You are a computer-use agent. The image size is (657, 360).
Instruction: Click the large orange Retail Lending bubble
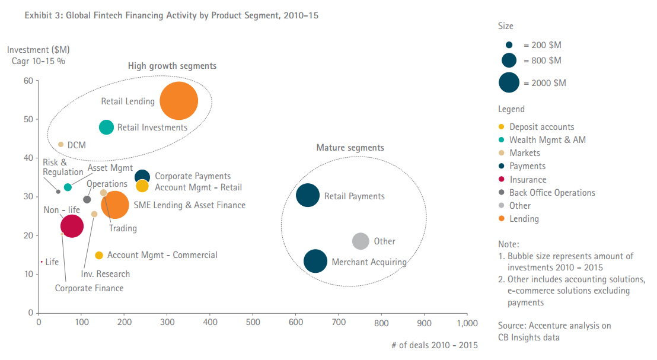178,101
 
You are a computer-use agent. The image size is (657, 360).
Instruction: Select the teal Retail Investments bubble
106,127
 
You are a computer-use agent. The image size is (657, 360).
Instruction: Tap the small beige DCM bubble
60,144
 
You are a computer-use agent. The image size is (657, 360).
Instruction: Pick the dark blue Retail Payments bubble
308,196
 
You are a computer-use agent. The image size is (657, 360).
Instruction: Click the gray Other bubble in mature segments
361,241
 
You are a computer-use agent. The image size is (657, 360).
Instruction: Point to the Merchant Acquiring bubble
315,261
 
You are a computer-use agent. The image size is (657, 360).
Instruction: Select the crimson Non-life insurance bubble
72,226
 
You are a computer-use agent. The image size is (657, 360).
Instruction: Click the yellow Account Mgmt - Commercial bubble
99,255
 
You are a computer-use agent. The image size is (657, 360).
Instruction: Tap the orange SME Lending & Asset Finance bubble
114,205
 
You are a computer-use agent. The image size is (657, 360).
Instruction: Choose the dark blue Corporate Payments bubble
142,176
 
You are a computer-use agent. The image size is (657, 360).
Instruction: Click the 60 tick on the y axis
27,81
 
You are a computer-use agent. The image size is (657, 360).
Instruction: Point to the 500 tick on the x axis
253,323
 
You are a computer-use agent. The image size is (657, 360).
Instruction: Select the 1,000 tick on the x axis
467,323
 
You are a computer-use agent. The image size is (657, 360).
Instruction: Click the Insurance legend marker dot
501,180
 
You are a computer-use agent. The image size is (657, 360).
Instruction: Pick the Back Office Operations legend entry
552,193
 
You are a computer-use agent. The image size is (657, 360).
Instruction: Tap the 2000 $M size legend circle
509,83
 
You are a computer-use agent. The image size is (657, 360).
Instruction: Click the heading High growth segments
172,66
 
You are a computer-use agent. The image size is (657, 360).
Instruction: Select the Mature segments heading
350,148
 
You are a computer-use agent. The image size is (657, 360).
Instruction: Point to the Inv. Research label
106,274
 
